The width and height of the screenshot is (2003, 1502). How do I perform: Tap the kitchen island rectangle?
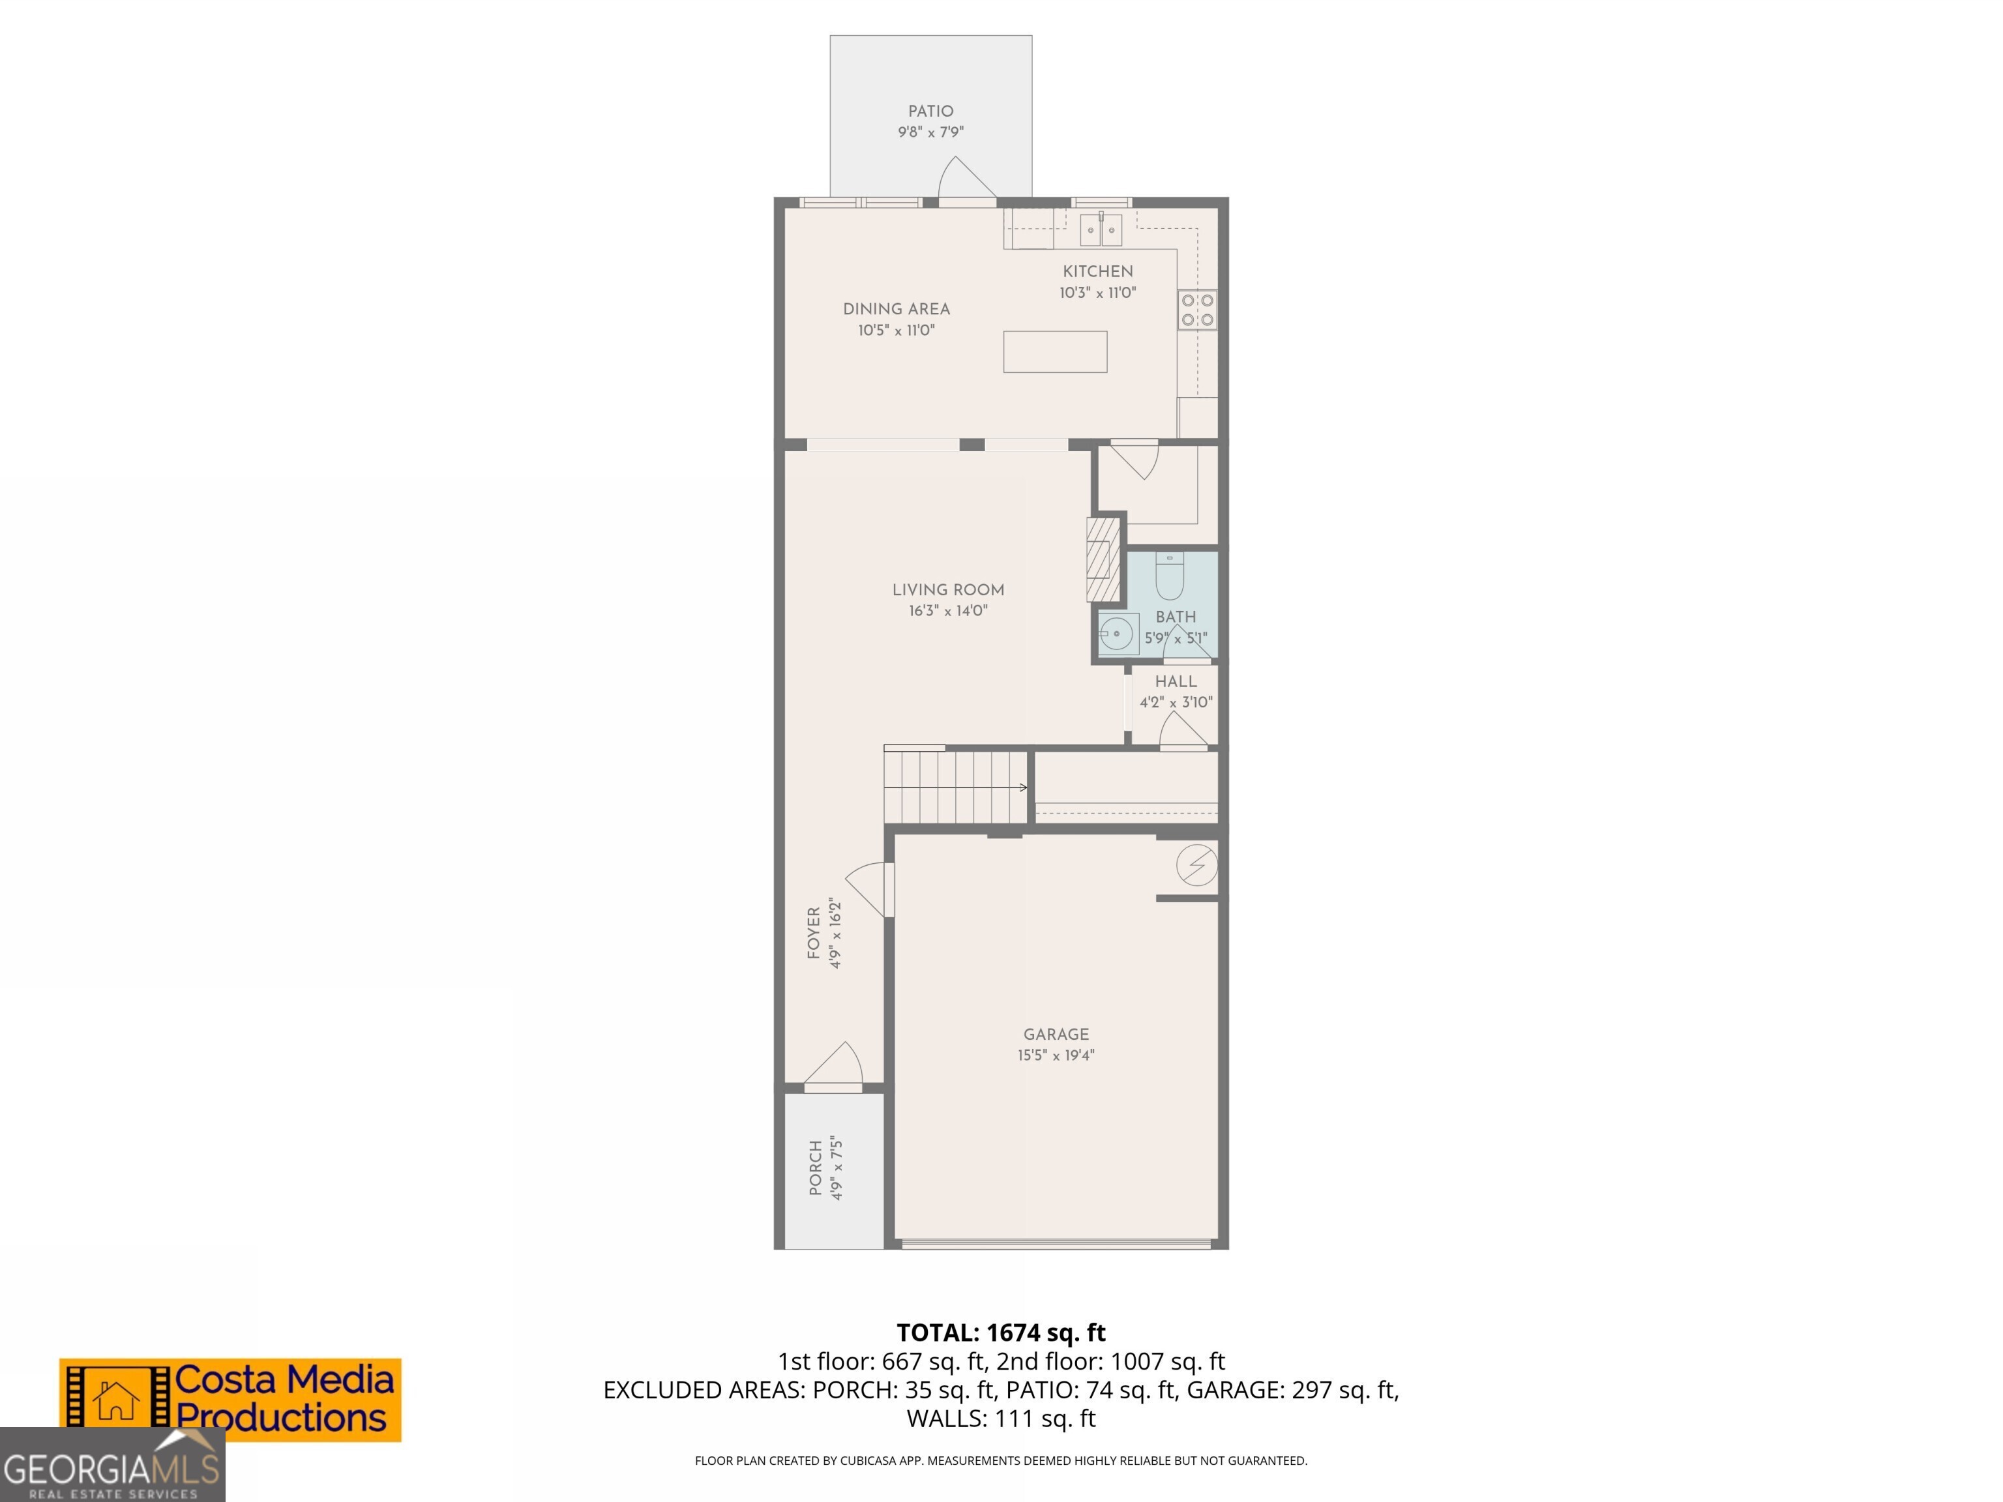click(1054, 351)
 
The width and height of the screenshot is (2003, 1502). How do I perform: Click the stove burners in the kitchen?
click(1197, 310)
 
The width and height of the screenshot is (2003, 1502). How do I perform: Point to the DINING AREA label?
click(896, 309)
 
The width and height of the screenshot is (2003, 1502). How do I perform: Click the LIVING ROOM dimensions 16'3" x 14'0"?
click(947, 611)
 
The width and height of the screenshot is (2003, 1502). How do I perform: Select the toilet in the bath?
click(1169, 577)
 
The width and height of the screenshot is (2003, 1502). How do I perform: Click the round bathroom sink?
click(1118, 634)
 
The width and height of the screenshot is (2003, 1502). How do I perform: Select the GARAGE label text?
click(1056, 1034)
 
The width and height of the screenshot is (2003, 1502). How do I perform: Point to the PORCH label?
click(816, 1168)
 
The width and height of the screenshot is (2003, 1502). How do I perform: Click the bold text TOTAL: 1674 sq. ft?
click(1001, 1333)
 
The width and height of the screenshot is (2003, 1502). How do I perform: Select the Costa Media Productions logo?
click(230, 1399)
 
